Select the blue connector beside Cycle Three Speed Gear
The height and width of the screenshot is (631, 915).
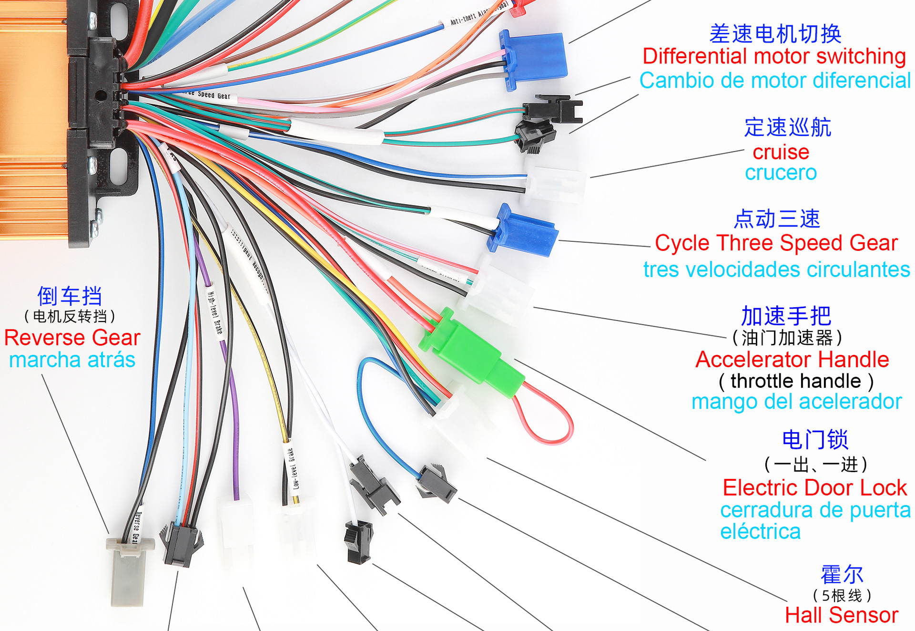point(524,231)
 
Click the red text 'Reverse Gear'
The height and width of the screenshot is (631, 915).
point(72,338)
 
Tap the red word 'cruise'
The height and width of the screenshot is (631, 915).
point(781,152)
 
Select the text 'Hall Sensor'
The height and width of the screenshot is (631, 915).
point(842,615)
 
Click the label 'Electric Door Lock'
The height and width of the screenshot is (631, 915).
point(814,487)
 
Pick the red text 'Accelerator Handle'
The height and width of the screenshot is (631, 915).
point(792,359)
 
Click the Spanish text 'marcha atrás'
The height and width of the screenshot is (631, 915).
point(72,360)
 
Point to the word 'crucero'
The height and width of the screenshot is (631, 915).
point(781,173)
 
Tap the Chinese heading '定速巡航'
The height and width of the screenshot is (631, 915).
point(787,127)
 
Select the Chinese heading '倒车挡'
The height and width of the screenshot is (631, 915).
point(70,296)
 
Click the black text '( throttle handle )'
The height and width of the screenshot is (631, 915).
point(796,381)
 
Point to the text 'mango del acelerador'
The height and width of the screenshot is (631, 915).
point(796,402)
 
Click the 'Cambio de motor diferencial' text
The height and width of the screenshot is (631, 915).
point(775,80)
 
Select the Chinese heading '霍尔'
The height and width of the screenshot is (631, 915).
point(842,574)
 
